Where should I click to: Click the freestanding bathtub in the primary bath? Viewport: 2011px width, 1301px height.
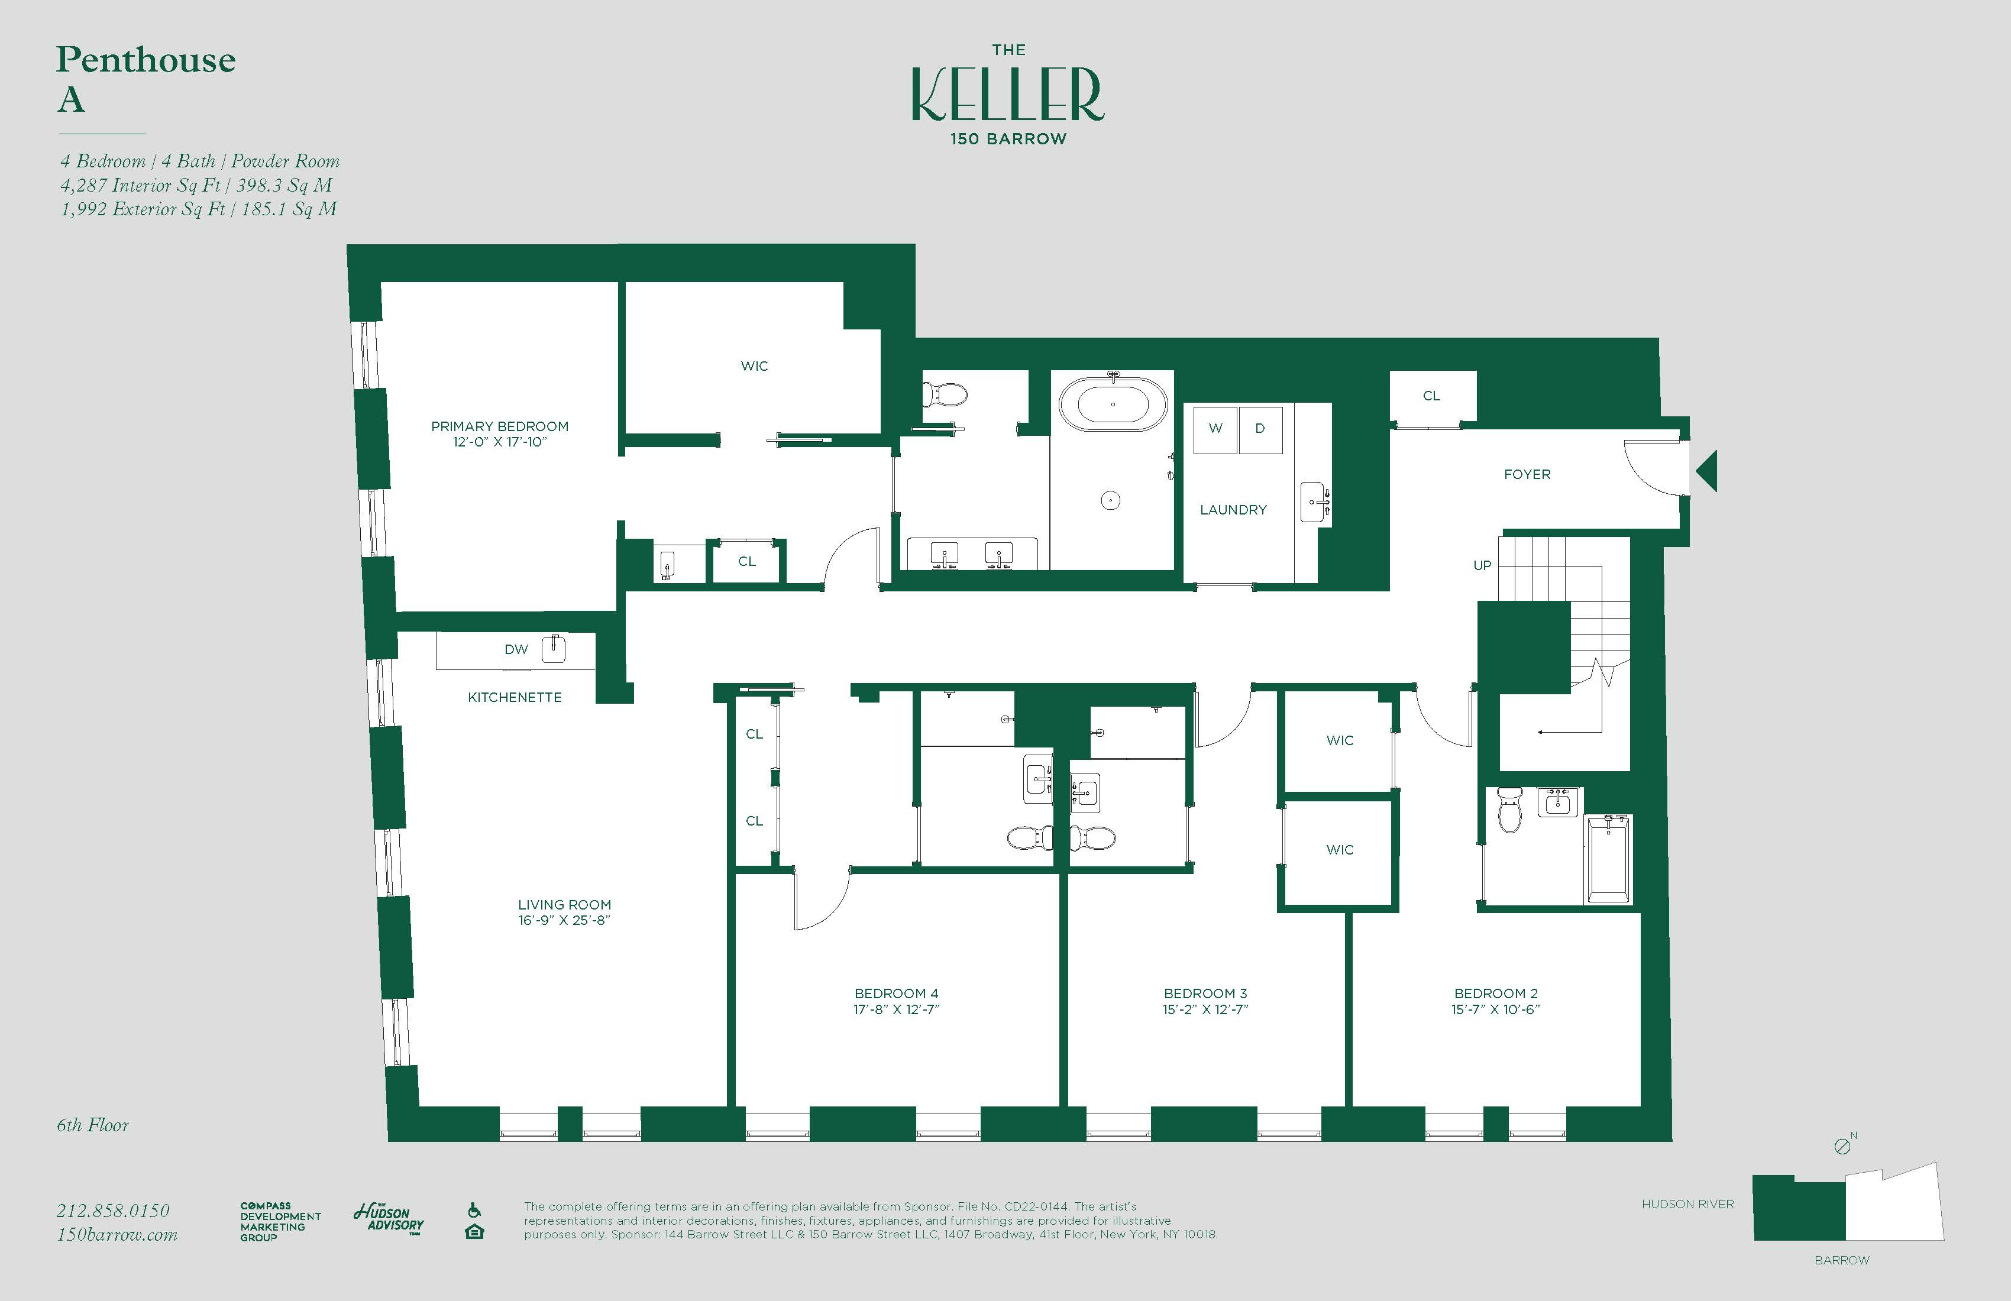click(x=1113, y=404)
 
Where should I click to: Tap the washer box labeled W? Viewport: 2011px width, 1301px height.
click(x=1215, y=428)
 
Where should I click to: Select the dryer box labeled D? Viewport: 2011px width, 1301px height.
click(x=1260, y=428)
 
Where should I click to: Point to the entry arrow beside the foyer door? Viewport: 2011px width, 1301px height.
click(x=1708, y=471)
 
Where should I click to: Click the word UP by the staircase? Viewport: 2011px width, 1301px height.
click(x=1482, y=565)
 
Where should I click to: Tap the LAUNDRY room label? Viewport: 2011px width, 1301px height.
click(x=1233, y=509)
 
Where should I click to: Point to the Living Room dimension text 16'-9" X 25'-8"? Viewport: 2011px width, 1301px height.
click(x=564, y=920)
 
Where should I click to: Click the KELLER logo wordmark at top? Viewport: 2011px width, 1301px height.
click(x=1007, y=95)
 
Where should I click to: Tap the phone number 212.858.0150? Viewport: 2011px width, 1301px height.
click(x=113, y=1211)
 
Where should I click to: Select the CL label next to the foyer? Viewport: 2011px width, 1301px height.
click(x=1431, y=396)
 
